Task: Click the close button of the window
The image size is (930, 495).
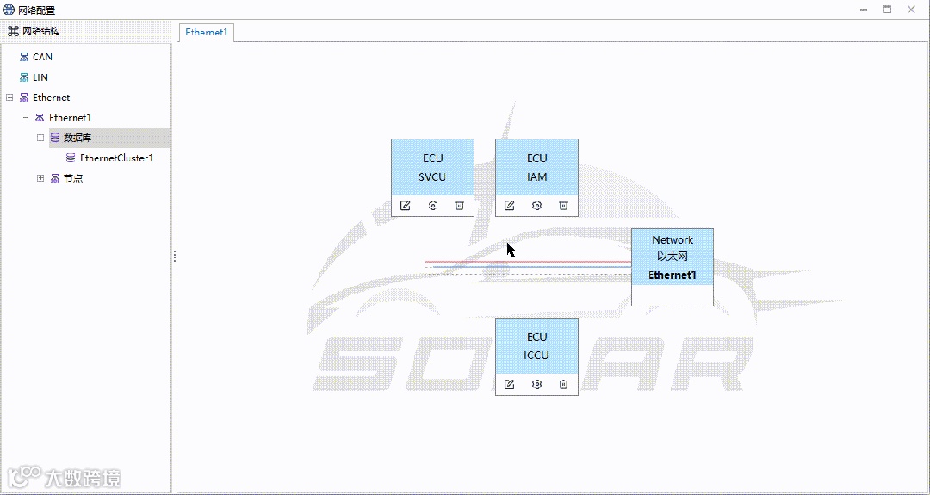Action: tap(911, 9)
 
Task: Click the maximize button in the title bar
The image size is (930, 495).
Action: tap(887, 9)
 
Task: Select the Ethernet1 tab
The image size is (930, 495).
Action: tap(207, 33)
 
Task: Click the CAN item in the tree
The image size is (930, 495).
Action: tap(42, 57)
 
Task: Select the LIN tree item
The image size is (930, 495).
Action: tap(40, 77)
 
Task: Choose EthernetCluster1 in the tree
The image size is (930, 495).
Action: tap(116, 158)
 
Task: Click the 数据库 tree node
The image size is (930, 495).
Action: tap(77, 138)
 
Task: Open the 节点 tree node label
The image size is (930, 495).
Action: tap(73, 178)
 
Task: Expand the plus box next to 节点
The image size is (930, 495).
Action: tap(40, 178)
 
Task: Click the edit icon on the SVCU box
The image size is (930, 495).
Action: tap(406, 206)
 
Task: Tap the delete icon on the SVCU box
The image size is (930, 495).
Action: tap(460, 206)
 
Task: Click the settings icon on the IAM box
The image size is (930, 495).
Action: tap(536, 206)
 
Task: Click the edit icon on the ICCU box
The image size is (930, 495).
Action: tap(510, 384)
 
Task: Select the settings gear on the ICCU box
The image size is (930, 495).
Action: tap(536, 384)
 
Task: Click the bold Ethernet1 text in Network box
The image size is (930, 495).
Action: tap(673, 275)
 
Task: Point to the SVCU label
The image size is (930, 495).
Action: tap(432, 177)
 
